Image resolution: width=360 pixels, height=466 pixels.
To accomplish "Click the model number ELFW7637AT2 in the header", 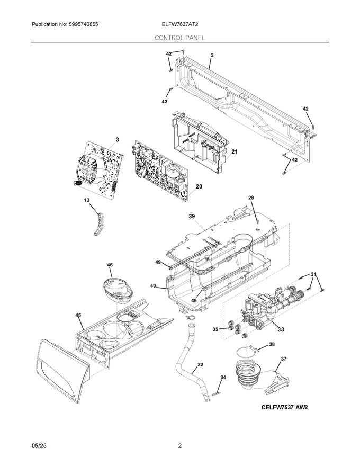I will [x=181, y=25].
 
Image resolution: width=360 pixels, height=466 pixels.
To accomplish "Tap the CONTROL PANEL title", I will [x=180, y=38].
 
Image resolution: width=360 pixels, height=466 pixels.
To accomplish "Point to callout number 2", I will [x=212, y=55].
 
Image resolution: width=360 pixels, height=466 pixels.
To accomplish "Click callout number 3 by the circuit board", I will [x=117, y=139].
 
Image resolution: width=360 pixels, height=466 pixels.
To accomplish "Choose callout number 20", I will [x=199, y=186].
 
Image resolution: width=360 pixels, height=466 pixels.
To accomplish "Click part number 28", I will [x=251, y=198].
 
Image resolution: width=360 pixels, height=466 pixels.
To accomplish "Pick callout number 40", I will [x=152, y=286].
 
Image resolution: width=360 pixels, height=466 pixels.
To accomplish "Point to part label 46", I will [x=110, y=264].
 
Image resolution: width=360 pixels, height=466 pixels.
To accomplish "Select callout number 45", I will [x=78, y=316].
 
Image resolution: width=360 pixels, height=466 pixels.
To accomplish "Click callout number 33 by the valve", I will [x=281, y=329].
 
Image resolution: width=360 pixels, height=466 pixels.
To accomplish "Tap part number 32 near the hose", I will [x=200, y=364].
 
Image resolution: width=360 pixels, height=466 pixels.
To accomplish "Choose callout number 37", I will [x=283, y=359].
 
